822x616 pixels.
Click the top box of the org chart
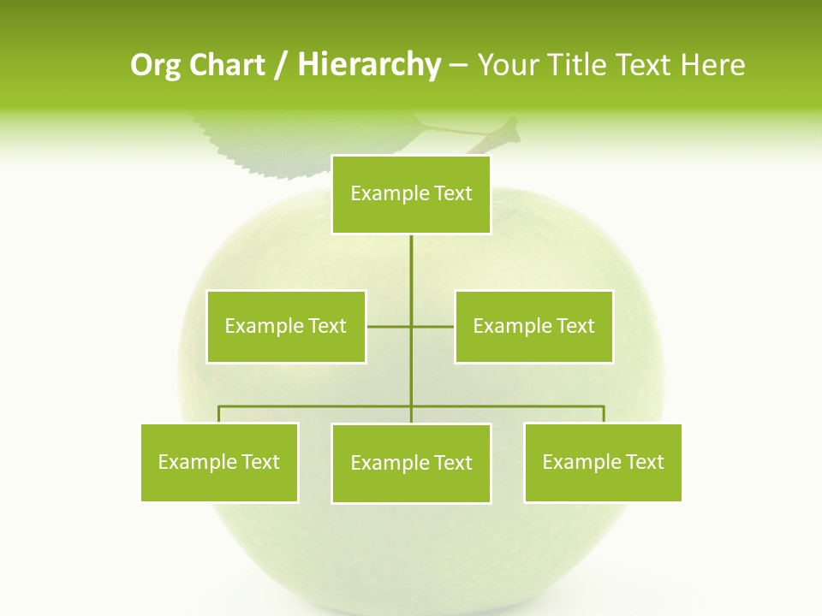point(411,194)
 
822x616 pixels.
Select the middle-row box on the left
point(286,326)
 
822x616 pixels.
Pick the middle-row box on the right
point(533,326)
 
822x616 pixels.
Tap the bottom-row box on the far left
point(219,463)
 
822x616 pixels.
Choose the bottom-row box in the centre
point(411,464)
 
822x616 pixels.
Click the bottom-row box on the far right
point(603,463)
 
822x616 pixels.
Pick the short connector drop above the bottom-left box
point(219,414)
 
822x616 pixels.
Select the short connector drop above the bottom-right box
point(604,414)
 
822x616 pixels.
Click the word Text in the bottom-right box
point(645,463)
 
